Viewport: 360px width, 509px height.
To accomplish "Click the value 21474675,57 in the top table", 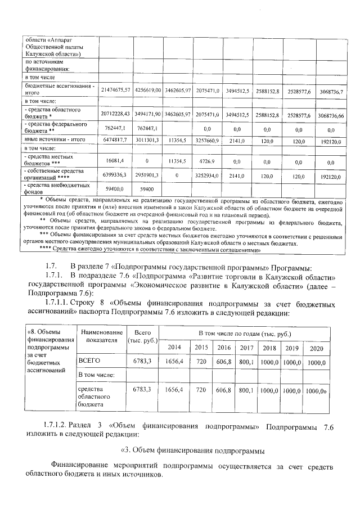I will click(x=115, y=90).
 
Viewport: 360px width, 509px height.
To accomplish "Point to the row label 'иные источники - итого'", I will click(x=53, y=138).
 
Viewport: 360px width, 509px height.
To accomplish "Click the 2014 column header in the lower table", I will click(x=175, y=348).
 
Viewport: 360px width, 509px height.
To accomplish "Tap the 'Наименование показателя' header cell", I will click(x=101, y=336).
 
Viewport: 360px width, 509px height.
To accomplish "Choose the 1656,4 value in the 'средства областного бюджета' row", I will click(x=175, y=389).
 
